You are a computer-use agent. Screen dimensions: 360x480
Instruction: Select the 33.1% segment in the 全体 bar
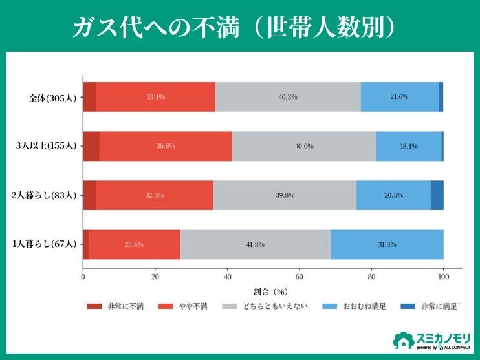155,97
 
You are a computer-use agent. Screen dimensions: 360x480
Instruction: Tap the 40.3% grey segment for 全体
288,97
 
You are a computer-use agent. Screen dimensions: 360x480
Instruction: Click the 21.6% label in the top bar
399,97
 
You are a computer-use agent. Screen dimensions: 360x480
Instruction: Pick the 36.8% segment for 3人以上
166,146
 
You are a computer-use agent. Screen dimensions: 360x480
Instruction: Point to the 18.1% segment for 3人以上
408,146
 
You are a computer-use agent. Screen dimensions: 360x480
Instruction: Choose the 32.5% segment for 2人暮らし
155,195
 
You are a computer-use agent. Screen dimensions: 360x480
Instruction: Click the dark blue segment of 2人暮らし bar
437,195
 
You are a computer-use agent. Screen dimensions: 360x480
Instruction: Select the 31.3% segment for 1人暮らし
387,244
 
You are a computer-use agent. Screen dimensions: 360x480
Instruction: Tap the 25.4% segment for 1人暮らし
134,244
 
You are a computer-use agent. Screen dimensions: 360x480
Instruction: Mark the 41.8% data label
255,244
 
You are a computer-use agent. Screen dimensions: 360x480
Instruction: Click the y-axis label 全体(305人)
53,98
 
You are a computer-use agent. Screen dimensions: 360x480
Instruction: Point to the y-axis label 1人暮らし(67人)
45,244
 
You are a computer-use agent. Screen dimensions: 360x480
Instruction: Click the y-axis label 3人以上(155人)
47,146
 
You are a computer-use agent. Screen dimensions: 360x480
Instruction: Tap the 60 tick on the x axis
300,277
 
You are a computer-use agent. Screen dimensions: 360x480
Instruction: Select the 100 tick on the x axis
443,277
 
